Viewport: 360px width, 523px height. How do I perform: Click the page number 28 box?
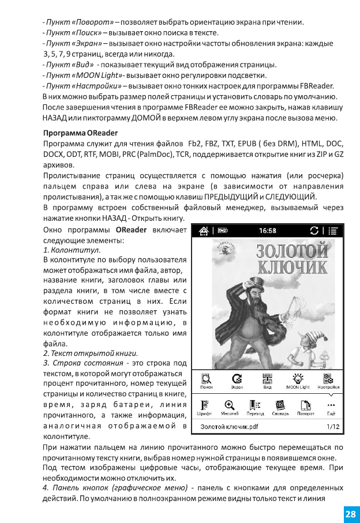click(x=350, y=513)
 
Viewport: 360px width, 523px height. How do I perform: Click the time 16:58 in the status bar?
click(x=267, y=231)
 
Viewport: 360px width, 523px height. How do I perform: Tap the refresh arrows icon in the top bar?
click(x=314, y=231)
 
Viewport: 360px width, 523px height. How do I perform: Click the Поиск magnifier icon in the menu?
click(x=206, y=379)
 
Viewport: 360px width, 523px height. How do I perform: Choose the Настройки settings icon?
click(x=329, y=379)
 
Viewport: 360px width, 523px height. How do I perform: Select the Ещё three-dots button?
click(x=331, y=405)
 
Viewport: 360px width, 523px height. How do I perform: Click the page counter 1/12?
click(x=333, y=427)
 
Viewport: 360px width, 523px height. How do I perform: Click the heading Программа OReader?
click(x=80, y=133)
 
